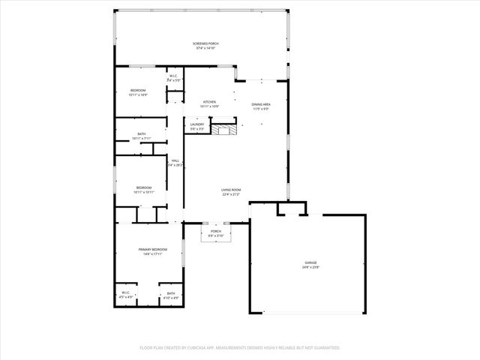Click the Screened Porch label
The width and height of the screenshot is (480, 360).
tap(204, 44)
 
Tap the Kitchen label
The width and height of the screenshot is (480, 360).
tap(209, 102)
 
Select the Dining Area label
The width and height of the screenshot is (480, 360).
tap(260, 105)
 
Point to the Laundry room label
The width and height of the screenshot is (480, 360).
tap(197, 124)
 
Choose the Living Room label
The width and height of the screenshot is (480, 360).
tap(230, 190)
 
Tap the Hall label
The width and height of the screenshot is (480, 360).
tap(175, 160)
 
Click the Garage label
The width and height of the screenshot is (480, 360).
tap(310, 263)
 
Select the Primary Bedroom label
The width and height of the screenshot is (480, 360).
tap(151, 249)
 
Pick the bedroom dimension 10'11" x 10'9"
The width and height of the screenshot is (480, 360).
tap(138, 95)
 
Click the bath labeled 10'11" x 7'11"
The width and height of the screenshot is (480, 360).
tap(142, 139)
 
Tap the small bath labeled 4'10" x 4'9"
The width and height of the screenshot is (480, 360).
tap(171, 298)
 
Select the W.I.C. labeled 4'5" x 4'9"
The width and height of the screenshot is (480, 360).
tap(125, 298)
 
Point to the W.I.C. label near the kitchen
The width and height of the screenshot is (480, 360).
tap(172, 76)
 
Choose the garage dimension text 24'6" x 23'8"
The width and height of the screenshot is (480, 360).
tap(310, 268)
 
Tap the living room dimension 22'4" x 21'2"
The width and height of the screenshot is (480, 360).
tap(230, 195)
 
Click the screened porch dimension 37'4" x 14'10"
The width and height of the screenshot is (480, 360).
tap(204, 49)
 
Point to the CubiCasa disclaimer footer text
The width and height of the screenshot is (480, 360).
tap(240, 348)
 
